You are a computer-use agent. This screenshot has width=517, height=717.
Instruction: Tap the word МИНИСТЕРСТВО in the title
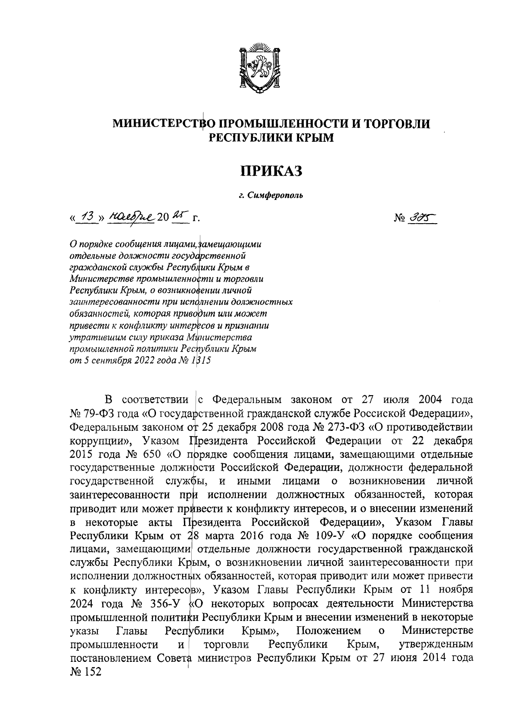pos(165,124)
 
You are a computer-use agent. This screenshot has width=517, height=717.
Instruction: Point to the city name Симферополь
pos(275,196)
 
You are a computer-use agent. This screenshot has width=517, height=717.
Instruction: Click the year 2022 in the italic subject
pos(138,361)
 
